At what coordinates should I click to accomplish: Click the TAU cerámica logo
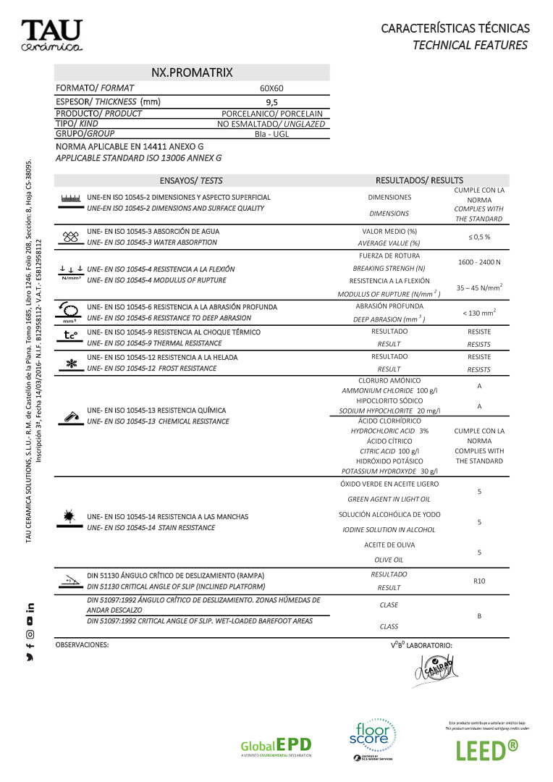click(51, 35)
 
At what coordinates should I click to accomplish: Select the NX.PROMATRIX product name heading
click(192, 72)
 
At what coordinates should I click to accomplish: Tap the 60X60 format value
click(271, 88)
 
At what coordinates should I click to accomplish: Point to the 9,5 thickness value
click(271, 102)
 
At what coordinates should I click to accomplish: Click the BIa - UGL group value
click(271, 134)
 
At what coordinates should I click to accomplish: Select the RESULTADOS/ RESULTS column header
click(419, 180)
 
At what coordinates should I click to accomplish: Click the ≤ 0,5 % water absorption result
click(478, 237)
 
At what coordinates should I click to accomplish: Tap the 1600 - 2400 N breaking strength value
click(478, 261)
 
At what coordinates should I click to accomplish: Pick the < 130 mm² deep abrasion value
click(478, 313)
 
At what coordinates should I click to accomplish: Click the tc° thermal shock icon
click(70, 335)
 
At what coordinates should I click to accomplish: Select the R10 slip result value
click(478, 581)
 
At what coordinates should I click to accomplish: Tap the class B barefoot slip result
click(478, 615)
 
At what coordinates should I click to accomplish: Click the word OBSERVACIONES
click(82, 644)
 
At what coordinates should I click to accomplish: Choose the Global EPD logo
click(276, 747)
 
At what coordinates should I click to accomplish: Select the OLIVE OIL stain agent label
click(389, 560)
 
